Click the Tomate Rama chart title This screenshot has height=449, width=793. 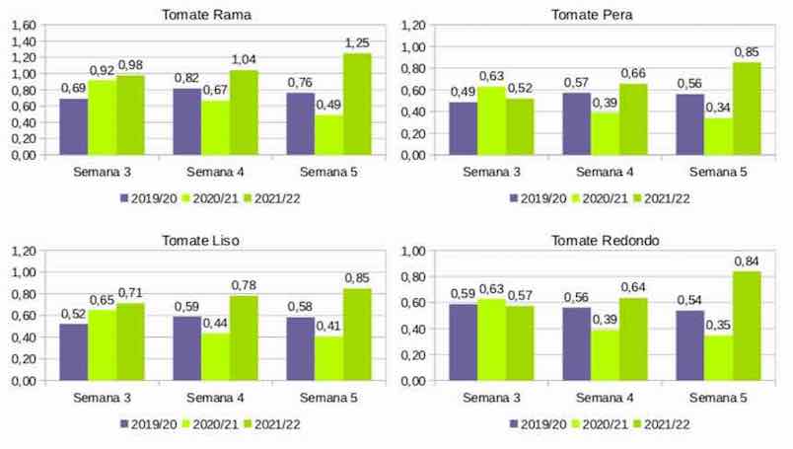pos(205,14)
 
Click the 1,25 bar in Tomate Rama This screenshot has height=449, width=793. pos(357,104)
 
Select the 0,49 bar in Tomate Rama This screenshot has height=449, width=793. pos(328,135)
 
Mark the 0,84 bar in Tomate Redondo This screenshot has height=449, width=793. pos(746,326)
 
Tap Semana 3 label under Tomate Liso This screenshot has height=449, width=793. pos(102,398)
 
